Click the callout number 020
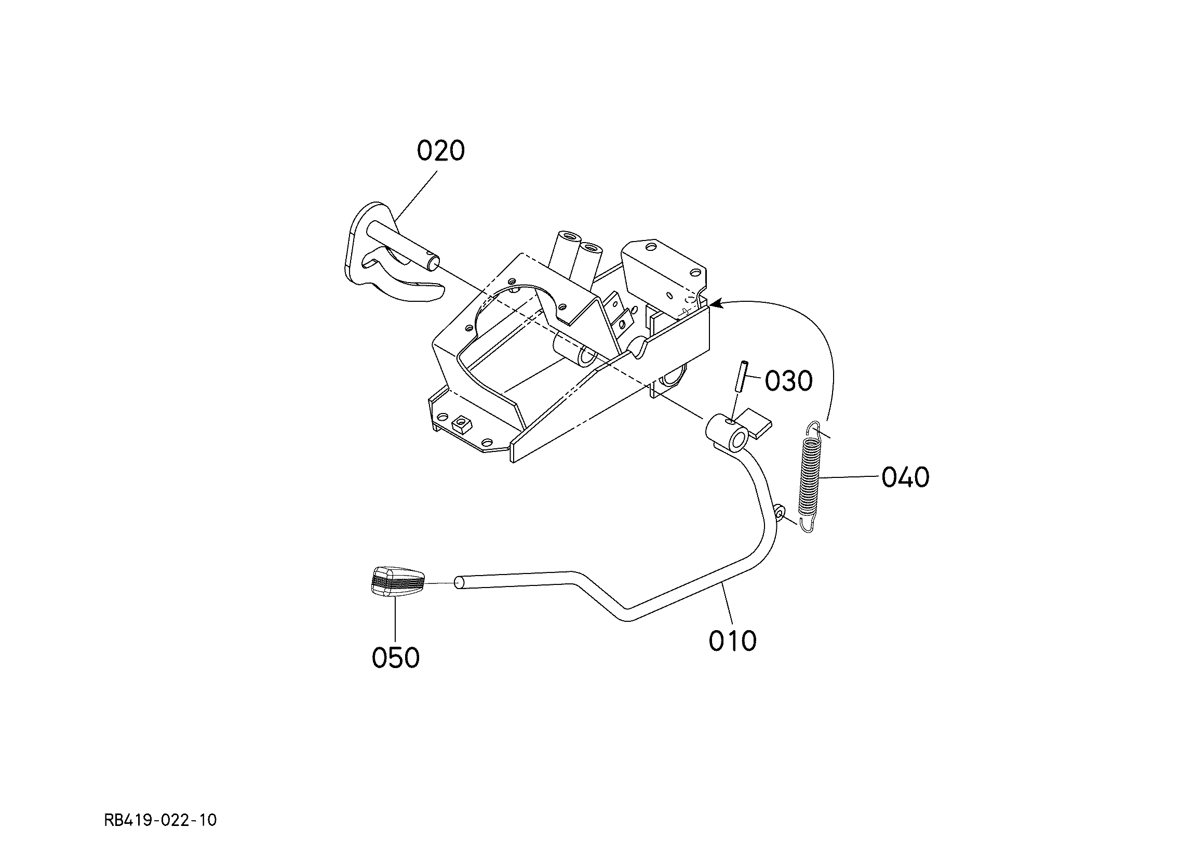pos(440,151)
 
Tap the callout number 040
pos(906,477)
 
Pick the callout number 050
pos(395,657)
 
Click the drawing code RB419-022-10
pos(160,820)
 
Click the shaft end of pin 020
pos(435,261)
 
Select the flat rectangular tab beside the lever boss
pos(757,421)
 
